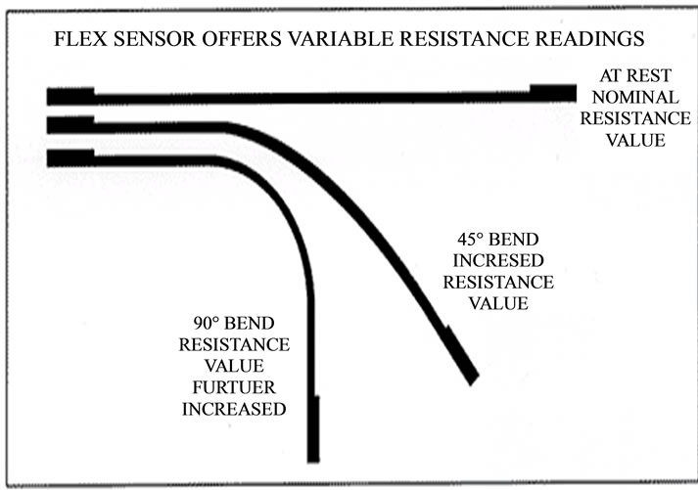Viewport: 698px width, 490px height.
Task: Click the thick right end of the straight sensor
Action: tap(552, 92)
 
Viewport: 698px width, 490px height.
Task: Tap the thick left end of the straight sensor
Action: tap(70, 95)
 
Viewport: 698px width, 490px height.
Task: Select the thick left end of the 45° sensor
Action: tap(70, 125)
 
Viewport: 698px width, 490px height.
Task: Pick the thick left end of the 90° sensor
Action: tap(70, 156)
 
